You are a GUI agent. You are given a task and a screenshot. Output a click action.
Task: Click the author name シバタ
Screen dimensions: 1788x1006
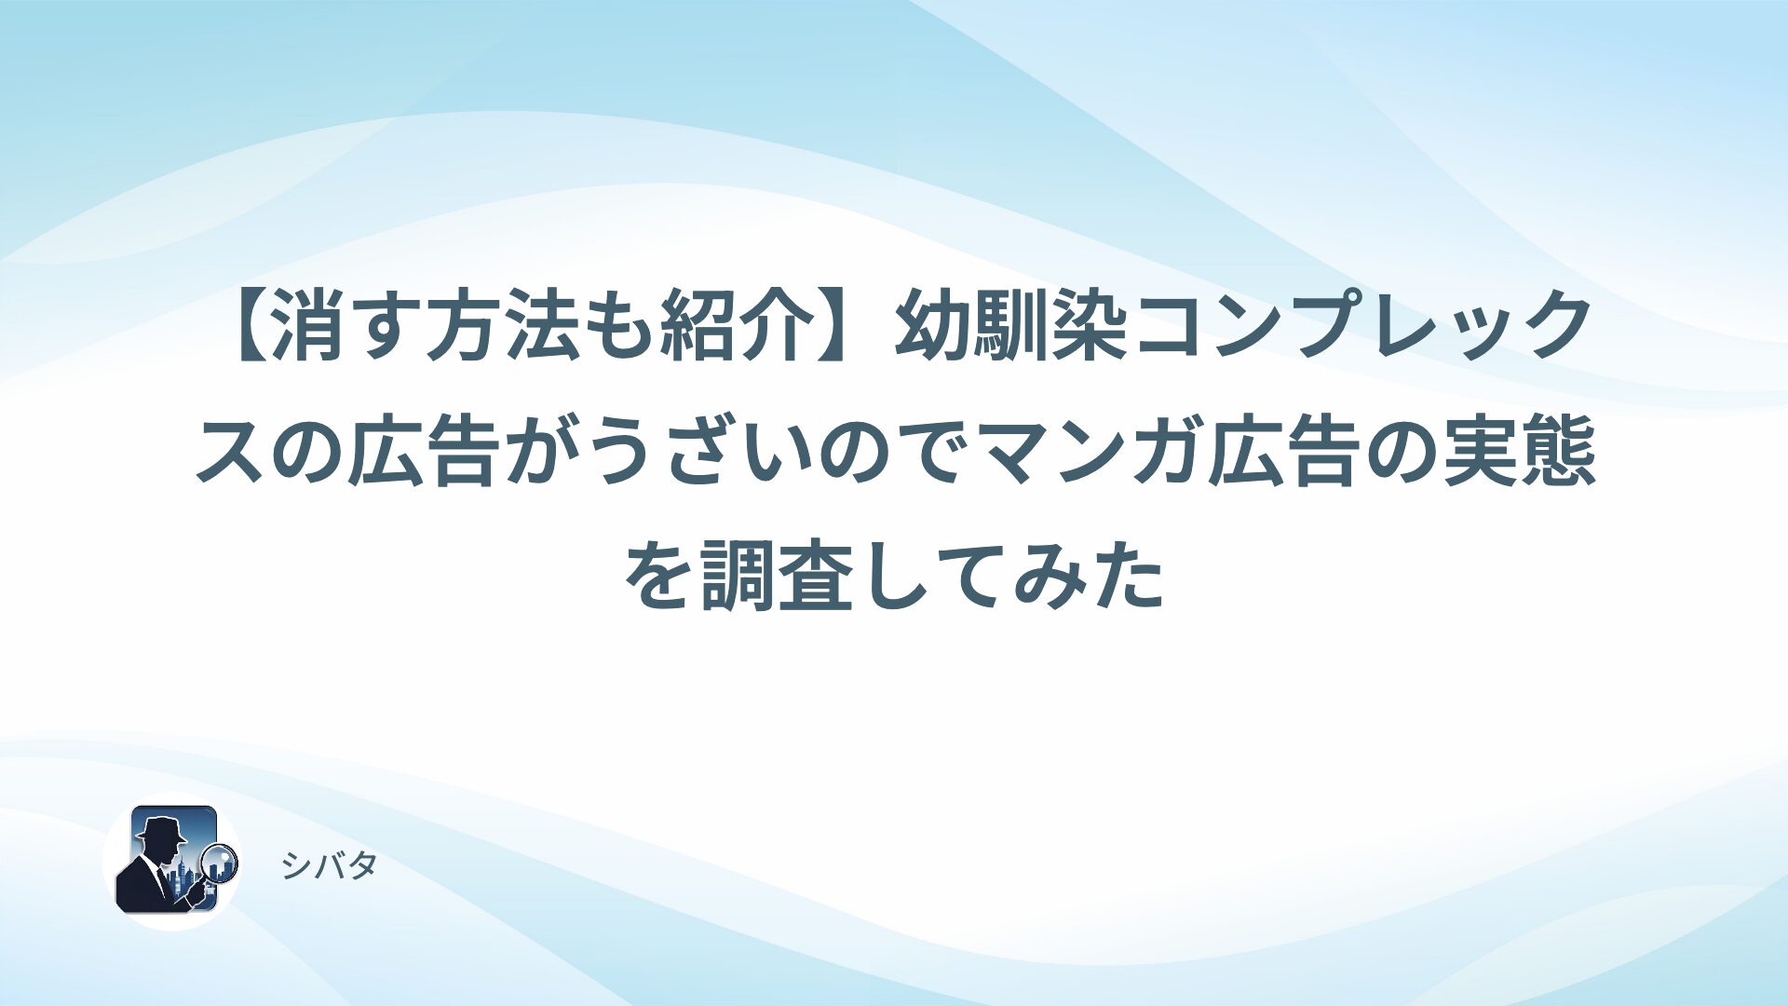point(329,866)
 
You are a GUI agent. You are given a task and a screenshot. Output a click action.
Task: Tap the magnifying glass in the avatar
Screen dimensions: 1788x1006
point(220,863)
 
